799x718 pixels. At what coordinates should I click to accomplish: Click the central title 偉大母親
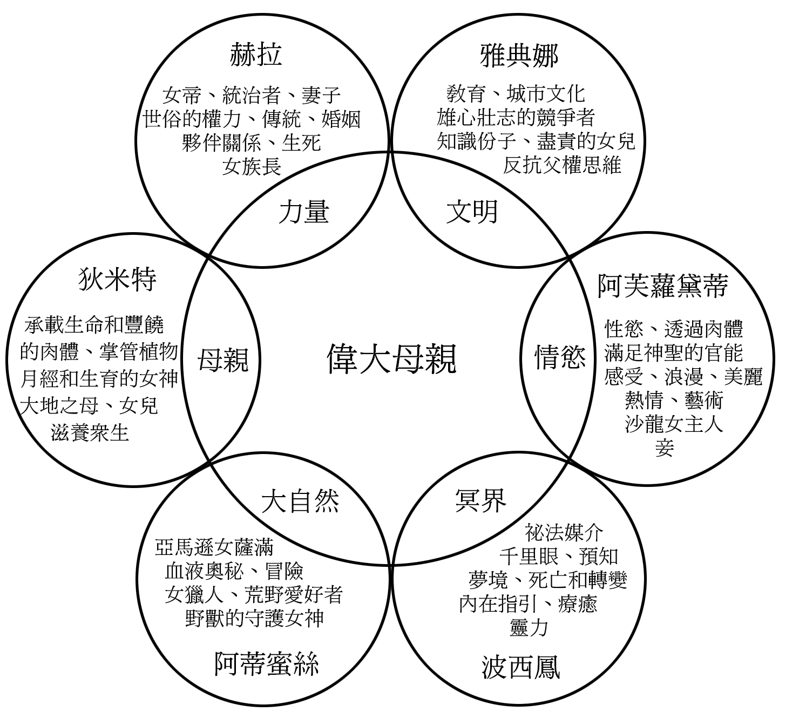point(391,358)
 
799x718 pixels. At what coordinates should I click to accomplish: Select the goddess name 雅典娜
point(519,55)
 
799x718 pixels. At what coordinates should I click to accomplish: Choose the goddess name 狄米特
point(118,279)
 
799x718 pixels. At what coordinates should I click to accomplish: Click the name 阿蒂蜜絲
point(266,664)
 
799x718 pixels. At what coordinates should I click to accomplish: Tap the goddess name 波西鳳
point(520,667)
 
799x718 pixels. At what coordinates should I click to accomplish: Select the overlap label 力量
point(303,212)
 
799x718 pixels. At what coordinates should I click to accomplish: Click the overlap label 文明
point(472,212)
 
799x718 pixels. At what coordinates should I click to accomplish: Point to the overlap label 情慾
point(560,357)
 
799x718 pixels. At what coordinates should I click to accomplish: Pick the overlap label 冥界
point(480,500)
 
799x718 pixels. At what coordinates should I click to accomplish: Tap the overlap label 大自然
point(301,502)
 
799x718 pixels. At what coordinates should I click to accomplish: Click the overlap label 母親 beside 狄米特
point(223,360)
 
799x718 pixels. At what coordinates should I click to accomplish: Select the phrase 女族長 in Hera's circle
point(252,166)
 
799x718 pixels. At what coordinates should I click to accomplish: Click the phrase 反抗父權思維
point(562,165)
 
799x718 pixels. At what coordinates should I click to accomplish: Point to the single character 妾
point(665,448)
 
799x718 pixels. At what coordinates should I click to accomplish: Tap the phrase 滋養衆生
point(90,432)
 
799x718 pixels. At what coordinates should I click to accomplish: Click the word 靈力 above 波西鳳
point(529,628)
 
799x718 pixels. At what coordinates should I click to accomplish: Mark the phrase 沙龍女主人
point(674,424)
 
